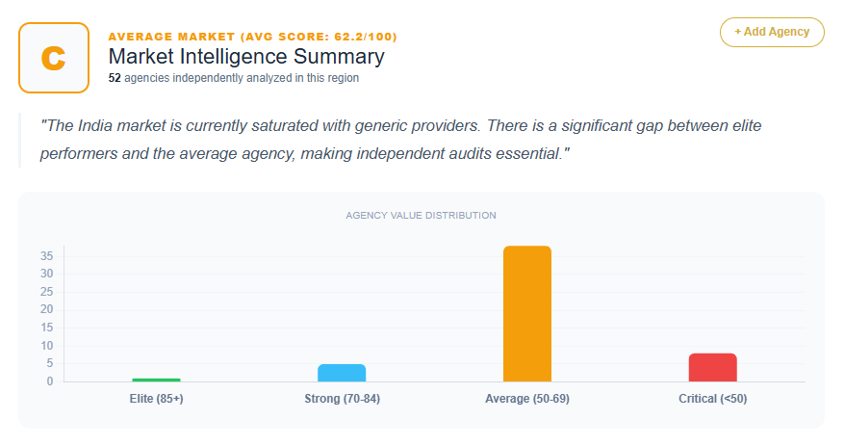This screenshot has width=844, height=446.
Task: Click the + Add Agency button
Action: point(772,32)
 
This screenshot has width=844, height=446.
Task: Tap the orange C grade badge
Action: point(54,58)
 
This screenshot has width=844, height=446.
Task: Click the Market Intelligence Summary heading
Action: point(246,57)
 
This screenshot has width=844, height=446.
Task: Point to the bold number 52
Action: point(115,78)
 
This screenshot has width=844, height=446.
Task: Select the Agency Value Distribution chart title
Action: point(422,215)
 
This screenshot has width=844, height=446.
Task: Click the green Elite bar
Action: point(156,380)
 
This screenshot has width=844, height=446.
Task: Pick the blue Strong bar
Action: point(342,373)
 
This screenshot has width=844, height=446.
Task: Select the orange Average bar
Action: point(527,314)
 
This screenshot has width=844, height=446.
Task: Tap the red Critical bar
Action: point(713,368)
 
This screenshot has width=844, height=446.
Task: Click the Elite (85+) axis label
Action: point(156,399)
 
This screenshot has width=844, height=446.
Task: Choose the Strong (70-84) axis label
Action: point(342,399)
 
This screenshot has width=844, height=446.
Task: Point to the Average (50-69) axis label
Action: point(527,399)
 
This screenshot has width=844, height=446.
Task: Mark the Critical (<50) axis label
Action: point(713,399)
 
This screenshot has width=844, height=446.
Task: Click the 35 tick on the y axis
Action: point(46,256)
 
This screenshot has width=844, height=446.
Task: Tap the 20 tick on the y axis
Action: point(46,310)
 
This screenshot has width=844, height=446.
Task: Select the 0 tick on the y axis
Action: point(49,381)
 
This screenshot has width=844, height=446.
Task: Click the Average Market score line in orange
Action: point(252,37)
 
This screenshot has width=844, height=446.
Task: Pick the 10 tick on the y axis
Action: point(46,346)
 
